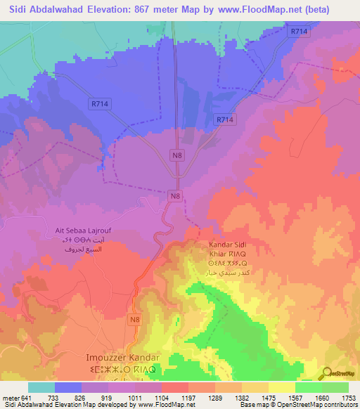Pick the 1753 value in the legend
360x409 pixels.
347,397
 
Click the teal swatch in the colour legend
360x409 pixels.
41,387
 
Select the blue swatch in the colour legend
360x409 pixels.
68,387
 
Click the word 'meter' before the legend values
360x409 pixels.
11,397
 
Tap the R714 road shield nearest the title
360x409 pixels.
299,32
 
